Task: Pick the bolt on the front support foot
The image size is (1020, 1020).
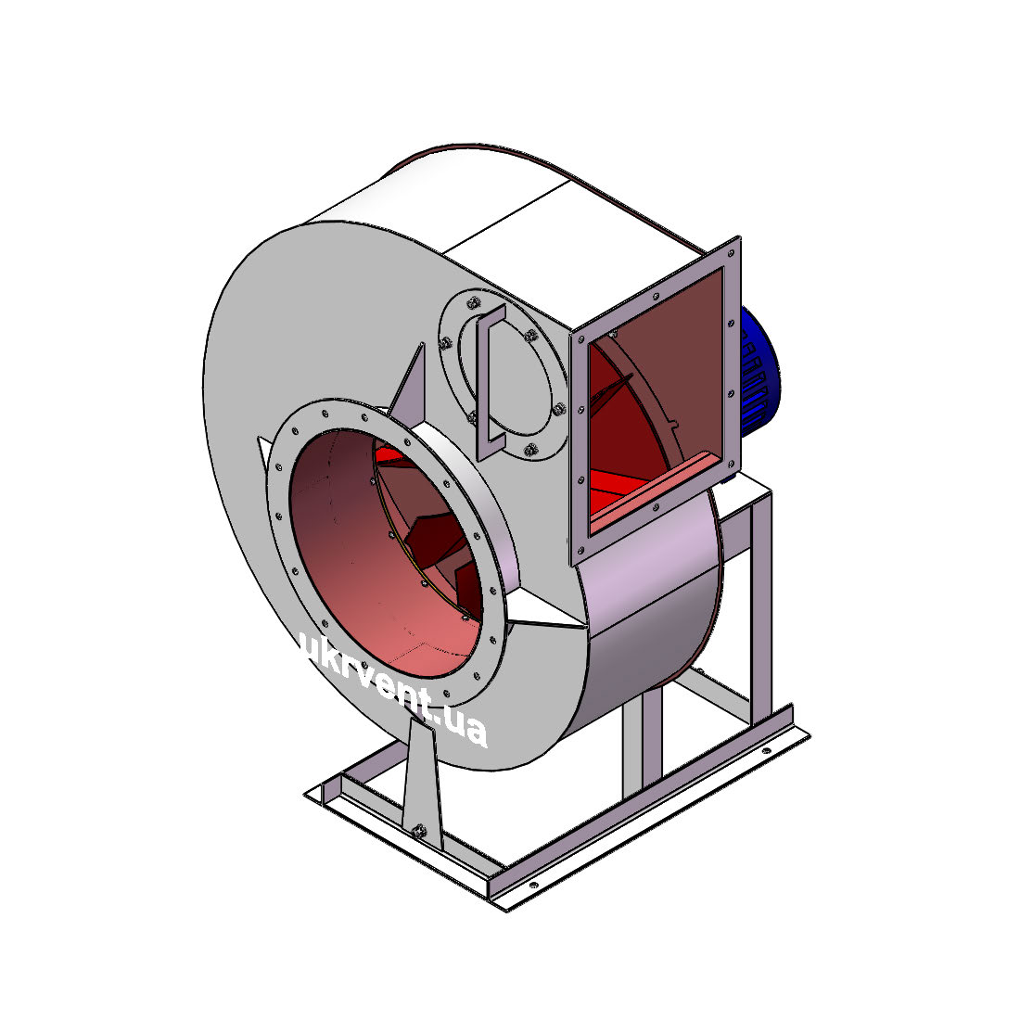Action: pos(419,830)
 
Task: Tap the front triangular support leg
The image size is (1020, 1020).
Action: pos(422,781)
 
